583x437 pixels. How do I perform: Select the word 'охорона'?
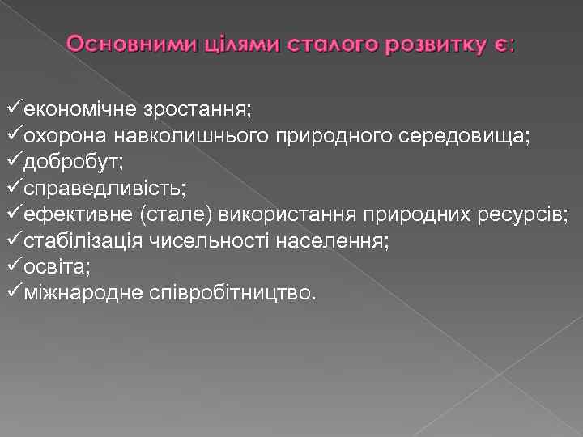64,135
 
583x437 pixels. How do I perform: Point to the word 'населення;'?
332,240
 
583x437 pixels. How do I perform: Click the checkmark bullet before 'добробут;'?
13,161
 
